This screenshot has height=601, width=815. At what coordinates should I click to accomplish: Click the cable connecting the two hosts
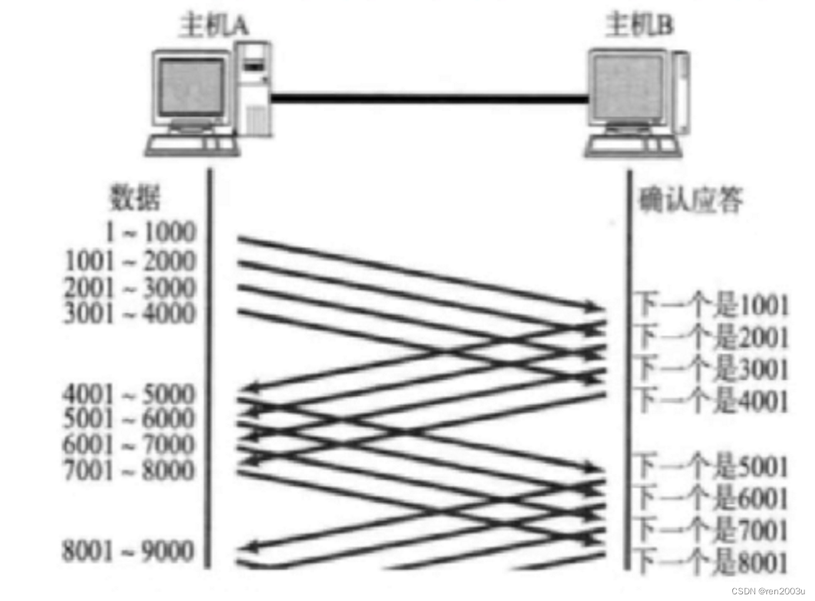[430, 99]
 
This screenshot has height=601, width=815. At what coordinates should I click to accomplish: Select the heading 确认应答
[690, 199]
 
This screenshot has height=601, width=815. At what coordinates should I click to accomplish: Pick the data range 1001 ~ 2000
[131, 261]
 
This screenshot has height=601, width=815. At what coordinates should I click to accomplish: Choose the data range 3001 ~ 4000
[131, 313]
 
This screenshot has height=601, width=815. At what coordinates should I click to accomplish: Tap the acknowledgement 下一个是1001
[712, 306]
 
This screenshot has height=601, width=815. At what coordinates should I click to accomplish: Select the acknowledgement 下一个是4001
[712, 400]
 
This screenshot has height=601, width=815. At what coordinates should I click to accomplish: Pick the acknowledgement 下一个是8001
[712, 562]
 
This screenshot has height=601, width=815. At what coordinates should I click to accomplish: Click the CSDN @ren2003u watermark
[768, 591]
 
